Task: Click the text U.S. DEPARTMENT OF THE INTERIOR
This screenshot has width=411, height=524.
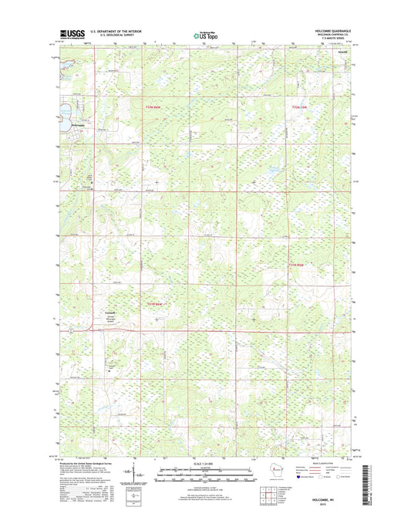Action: (x=115, y=31)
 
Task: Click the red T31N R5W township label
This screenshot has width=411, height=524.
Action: (x=298, y=265)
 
